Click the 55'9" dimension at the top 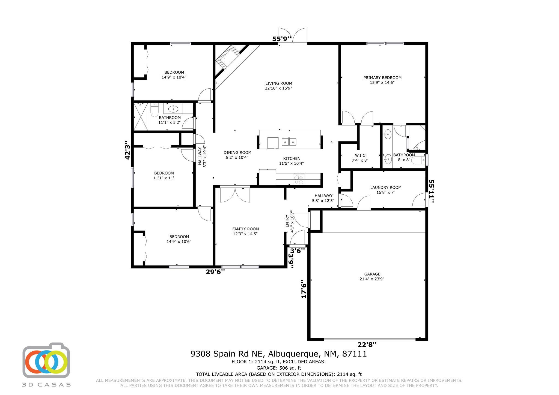tap(282, 39)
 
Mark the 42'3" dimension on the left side tap(127, 150)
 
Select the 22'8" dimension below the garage tap(367, 344)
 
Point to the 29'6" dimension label tap(215, 272)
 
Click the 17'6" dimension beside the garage tap(304, 289)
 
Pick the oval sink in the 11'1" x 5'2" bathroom tap(173, 109)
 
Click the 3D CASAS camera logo tap(46, 361)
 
